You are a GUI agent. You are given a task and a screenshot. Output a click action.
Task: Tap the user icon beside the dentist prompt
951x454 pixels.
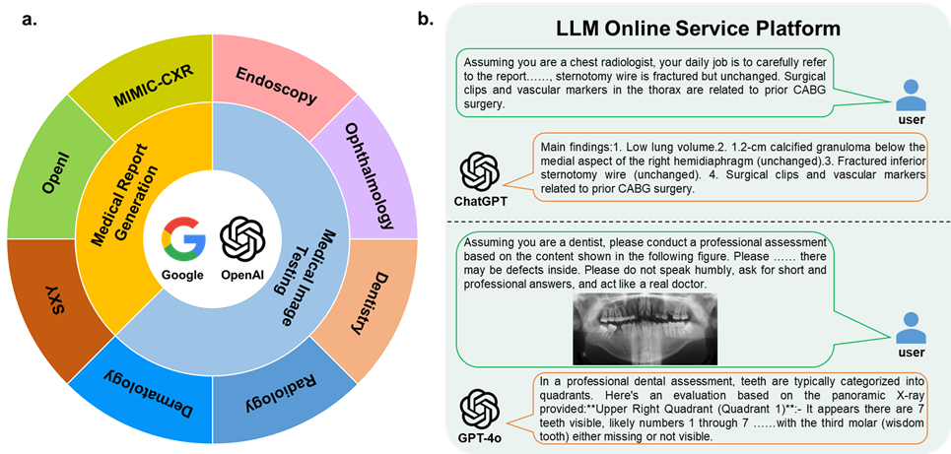coord(912,329)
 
